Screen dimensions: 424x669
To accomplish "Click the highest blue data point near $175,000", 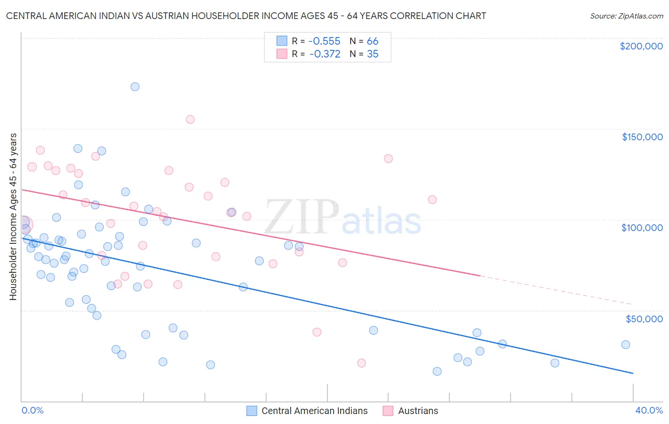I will pyautogui.click(x=135, y=87).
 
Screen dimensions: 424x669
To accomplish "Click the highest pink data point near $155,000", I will pyautogui.click(x=190, y=119).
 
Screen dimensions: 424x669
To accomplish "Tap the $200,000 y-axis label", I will pyautogui.click(x=641, y=46).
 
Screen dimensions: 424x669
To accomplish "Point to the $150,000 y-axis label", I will pyautogui.click(x=642, y=137).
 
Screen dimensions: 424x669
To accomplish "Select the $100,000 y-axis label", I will pyautogui.click(x=642, y=228).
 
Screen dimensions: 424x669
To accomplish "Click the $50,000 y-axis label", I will pyautogui.click(x=644, y=318).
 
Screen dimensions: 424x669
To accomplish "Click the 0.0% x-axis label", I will pyautogui.click(x=32, y=410).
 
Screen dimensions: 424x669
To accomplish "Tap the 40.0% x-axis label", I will pyautogui.click(x=649, y=410).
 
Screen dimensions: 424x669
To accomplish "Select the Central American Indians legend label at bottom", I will pyautogui.click(x=315, y=411).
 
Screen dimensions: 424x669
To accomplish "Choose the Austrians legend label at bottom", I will pyautogui.click(x=418, y=411).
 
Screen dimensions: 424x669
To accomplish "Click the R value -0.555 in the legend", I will pyautogui.click(x=325, y=41).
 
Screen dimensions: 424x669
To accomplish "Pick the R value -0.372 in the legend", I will pyautogui.click(x=325, y=54).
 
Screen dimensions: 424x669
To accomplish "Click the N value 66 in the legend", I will pyautogui.click(x=373, y=41).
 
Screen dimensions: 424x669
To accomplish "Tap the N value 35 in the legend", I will pyautogui.click(x=373, y=54).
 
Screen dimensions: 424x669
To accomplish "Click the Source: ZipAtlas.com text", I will pyautogui.click(x=626, y=16).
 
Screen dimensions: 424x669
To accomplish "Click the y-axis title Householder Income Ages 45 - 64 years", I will pyautogui.click(x=13, y=217).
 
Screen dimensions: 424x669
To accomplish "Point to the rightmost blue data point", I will pyautogui.click(x=626, y=345).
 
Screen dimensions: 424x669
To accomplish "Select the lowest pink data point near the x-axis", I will pyautogui.click(x=362, y=363).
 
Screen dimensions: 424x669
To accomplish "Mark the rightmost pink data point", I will pyautogui.click(x=433, y=200).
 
